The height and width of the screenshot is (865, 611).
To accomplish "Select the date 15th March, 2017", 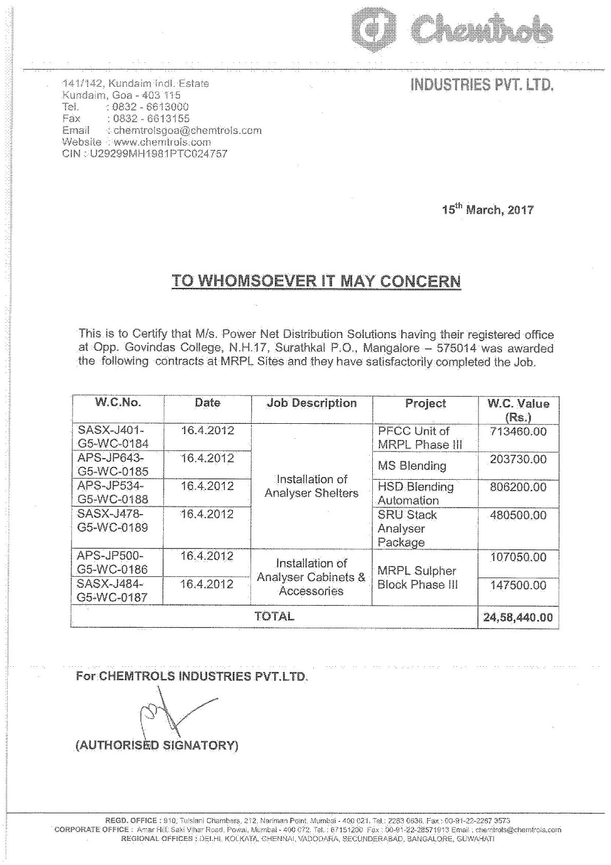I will click(487, 210).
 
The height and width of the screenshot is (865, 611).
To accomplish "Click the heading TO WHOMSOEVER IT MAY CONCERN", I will click(316, 281).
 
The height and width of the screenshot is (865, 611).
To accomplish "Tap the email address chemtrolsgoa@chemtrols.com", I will click(187, 130).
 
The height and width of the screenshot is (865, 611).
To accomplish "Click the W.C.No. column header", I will click(118, 403).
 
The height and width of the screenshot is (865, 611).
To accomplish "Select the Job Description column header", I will click(312, 403).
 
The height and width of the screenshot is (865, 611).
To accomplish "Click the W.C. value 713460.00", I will click(518, 431).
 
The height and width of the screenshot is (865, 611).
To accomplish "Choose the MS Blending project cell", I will click(412, 466).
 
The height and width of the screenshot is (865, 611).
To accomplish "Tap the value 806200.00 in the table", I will click(518, 487).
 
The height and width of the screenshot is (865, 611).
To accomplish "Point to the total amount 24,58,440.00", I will click(518, 617).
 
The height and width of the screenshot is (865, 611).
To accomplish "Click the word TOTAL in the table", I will click(274, 616).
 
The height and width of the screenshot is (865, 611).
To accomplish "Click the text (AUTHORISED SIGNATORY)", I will click(157, 745).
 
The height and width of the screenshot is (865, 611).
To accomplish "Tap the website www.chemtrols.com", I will click(162, 142).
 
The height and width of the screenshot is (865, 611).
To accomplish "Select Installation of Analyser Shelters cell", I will click(312, 486).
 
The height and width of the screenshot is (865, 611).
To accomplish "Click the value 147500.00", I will click(518, 585).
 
